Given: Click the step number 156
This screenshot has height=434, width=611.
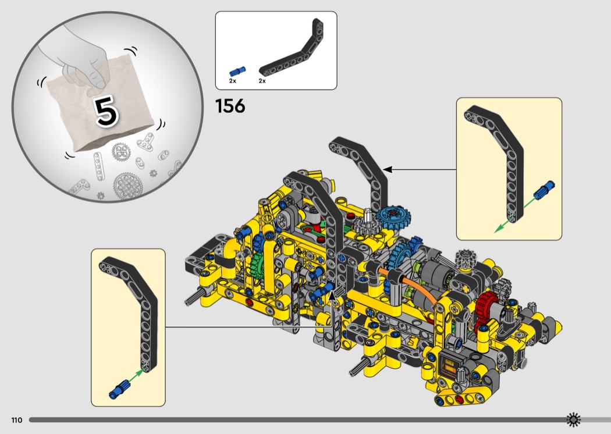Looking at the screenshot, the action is pyautogui.click(x=230, y=106).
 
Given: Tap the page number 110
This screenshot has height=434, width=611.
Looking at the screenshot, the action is pyautogui.click(x=16, y=420).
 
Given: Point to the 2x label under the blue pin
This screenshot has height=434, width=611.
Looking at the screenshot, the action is pyautogui.click(x=232, y=81).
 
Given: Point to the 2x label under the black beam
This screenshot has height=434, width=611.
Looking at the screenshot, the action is pyautogui.click(x=262, y=81).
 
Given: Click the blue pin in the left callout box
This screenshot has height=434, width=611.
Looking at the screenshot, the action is pyautogui.click(x=119, y=388).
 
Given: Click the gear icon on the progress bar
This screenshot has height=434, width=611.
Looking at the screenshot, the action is pyautogui.click(x=574, y=419).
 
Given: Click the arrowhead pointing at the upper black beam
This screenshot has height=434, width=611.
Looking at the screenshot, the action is pyautogui.click(x=387, y=170).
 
